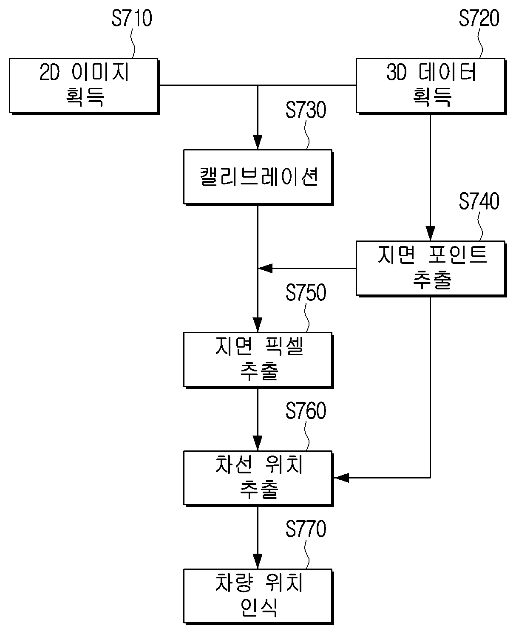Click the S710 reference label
[x=132, y=18]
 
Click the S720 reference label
[x=479, y=18]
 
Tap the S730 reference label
[x=306, y=110]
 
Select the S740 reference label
[x=479, y=201]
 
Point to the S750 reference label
[x=306, y=293]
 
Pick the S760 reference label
[x=306, y=411]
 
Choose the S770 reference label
[x=306, y=529]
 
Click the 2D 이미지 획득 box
[x=84, y=86]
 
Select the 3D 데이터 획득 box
[x=431, y=86]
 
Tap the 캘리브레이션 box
[x=258, y=177]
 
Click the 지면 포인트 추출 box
[x=431, y=269]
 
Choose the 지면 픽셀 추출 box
[x=258, y=360]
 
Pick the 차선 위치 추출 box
[x=258, y=478]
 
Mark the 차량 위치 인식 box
[x=258, y=597]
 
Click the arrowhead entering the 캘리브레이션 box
[x=258, y=142]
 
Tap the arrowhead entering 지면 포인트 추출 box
[x=430, y=233]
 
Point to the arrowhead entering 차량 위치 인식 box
[x=258, y=561]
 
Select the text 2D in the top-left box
[x=49, y=72]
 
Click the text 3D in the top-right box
[x=396, y=72]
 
